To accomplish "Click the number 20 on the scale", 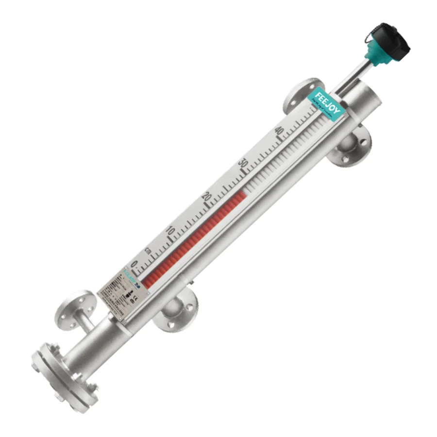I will coord(206,197).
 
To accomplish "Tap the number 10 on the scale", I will coord(170,230).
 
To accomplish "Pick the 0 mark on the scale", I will coord(134,264).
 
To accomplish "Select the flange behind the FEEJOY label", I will coord(301,95).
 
